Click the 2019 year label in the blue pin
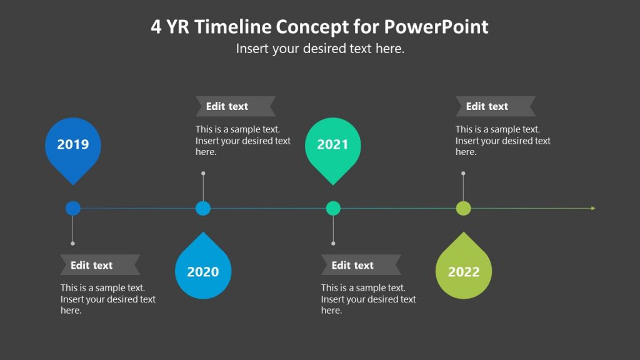pyautogui.click(x=73, y=144)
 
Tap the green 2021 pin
pyautogui.click(x=332, y=146)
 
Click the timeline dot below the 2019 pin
pyautogui.click(x=73, y=208)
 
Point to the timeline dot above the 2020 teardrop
pyautogui.click(x=203, y=208)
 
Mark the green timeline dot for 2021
pyautogui.click(x=333, y=208)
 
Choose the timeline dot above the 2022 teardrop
pyautogui.click(x=463, y=208)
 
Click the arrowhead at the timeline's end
pyautogui.click(x=592, y=208)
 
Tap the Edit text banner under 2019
pyautogui.click(x=99, y=265)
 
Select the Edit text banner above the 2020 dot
pyautogui.click(x=235, y=106)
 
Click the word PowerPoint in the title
pyautogui.click(x=436, y=27)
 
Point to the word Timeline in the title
pyautogui.click(x=239, y=27)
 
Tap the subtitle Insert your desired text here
pyautogui.click(x=320, y=49)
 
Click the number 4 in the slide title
pyautogui.click(x=156, y=27)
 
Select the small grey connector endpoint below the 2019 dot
pyautogui.click(x=73, y=243)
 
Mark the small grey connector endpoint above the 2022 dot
pyautogui.click(x=463, y=173)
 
